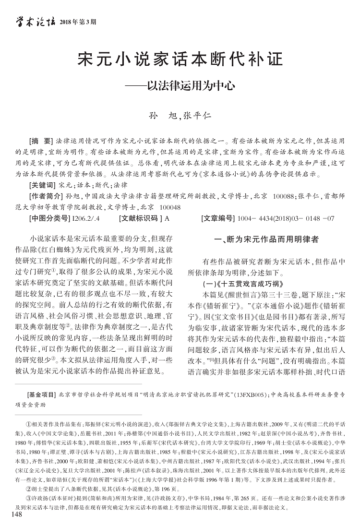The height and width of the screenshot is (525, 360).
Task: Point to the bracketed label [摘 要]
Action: [41, 143]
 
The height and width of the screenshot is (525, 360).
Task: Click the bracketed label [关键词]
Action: [42, 184]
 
